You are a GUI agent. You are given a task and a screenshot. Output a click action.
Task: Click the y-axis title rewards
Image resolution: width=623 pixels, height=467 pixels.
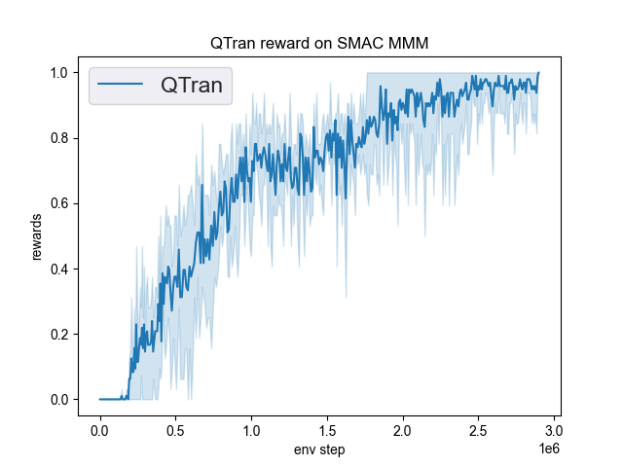point(38,235)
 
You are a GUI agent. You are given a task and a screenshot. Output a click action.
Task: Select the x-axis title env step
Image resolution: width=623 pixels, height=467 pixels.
point(318,449)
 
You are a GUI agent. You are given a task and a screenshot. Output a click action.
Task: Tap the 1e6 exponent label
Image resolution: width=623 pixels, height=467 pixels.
point(547,449)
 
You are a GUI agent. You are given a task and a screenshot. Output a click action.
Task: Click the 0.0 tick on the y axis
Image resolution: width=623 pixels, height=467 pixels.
point(59,400)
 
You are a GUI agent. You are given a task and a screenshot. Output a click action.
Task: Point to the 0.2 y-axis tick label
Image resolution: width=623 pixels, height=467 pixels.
point(59,335)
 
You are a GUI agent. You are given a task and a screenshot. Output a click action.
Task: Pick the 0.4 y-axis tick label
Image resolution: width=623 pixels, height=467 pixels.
point(59,269)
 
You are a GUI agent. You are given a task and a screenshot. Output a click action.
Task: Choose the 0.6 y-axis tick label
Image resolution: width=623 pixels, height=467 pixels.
point(59,203)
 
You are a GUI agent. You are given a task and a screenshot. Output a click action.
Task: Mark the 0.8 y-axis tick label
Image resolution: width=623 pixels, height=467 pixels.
point(59,138)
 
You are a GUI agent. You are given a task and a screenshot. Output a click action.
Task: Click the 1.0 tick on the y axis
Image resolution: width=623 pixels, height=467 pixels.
point(59,73)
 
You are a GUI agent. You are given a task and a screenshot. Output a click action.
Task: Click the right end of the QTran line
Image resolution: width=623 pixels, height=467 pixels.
point(538,73)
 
